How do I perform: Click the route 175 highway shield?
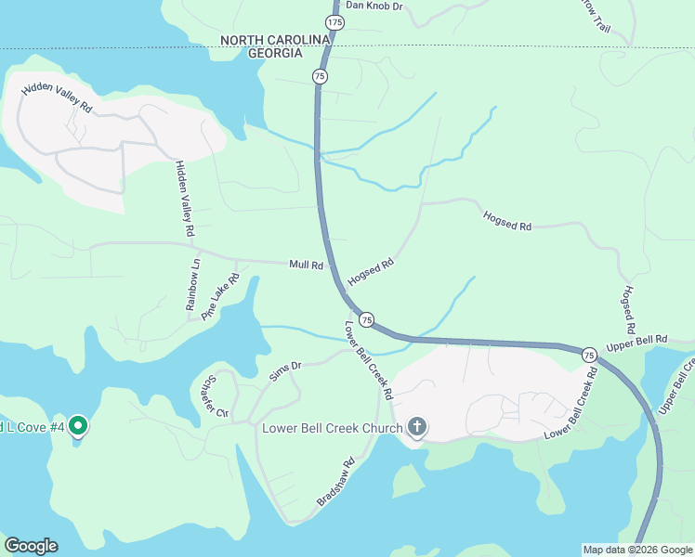coord(334,21)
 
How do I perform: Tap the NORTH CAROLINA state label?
coord(275,39)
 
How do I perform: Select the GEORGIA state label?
coord(275,53)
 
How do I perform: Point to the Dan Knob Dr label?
coord(374,6)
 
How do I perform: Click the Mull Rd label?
coord(306,265)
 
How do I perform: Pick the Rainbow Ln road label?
coord(193,284)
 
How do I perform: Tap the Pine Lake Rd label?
coord(220,301)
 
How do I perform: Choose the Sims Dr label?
coord(285,369)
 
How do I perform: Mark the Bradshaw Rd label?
coord(335,481)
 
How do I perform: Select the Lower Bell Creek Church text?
coord(332,428)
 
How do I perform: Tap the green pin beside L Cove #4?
coord(78,427)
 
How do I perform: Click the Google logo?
coord(31,546)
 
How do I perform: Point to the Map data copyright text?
coord(637,550)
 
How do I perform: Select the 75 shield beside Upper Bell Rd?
coord(589,356)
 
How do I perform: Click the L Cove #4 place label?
coord(32,427)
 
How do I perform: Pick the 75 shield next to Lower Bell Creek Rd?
coord(367,319)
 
